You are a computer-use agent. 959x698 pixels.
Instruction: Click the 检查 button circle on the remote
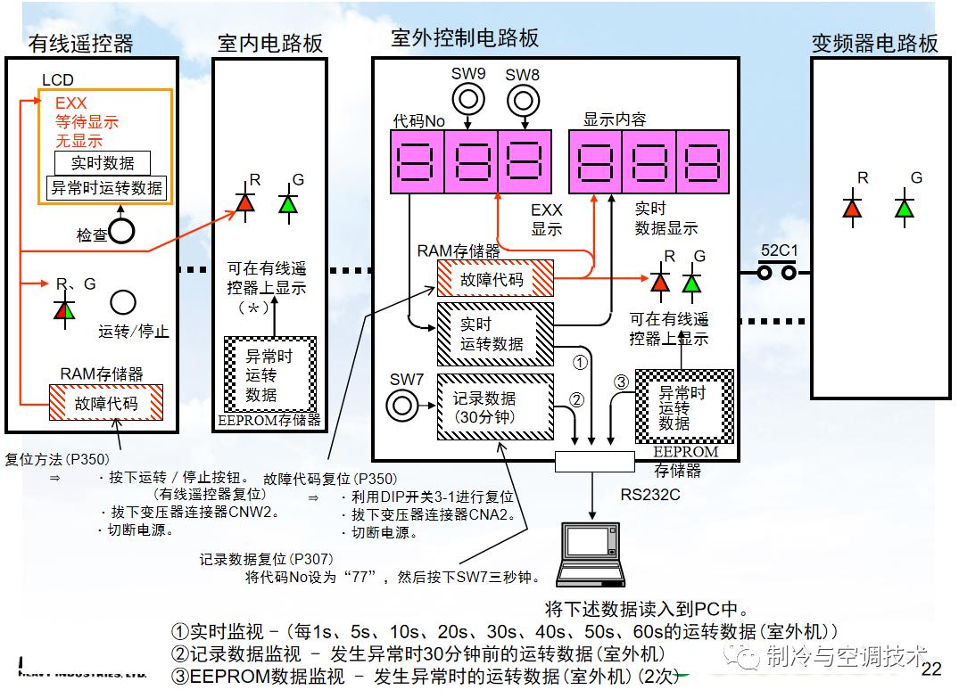pyautogui.click(x=121, y=232)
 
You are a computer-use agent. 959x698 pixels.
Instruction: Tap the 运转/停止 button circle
pyautogui.click(x=123, y=301)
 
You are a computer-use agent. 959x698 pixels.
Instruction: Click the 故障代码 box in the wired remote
pyautogui.click(x=106, y=402)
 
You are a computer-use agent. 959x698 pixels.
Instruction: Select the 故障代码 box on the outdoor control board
pyautogui.click(x=494, y=278)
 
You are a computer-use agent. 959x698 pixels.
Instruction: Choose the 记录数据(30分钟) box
pyautogui.click(x=494, y=406)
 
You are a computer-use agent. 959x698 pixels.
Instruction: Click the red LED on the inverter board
pyautogui.click(x=852, y=208)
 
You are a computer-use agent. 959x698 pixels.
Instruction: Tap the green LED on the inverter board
pyautogui.click(x=905, y=208)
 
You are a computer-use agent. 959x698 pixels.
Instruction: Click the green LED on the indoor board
pyautogui.click(x=286, y=203)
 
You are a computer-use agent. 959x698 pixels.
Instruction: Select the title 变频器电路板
pyautogui.click(x=874, y=43)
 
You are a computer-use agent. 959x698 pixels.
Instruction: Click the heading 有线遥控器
pyautogui.click(x=80, y=43)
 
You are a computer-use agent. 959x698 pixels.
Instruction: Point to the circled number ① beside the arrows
pyautogui.click(x=579, y=363)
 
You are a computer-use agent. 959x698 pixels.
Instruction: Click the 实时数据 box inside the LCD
pyautogui.click(x=103, y=162)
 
